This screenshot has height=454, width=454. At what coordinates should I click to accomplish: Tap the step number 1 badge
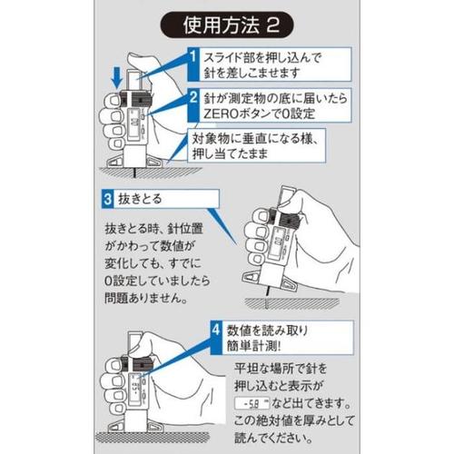192,57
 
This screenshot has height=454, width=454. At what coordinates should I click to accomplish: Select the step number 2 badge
192,97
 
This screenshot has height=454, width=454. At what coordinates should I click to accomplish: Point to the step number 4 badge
216,330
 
